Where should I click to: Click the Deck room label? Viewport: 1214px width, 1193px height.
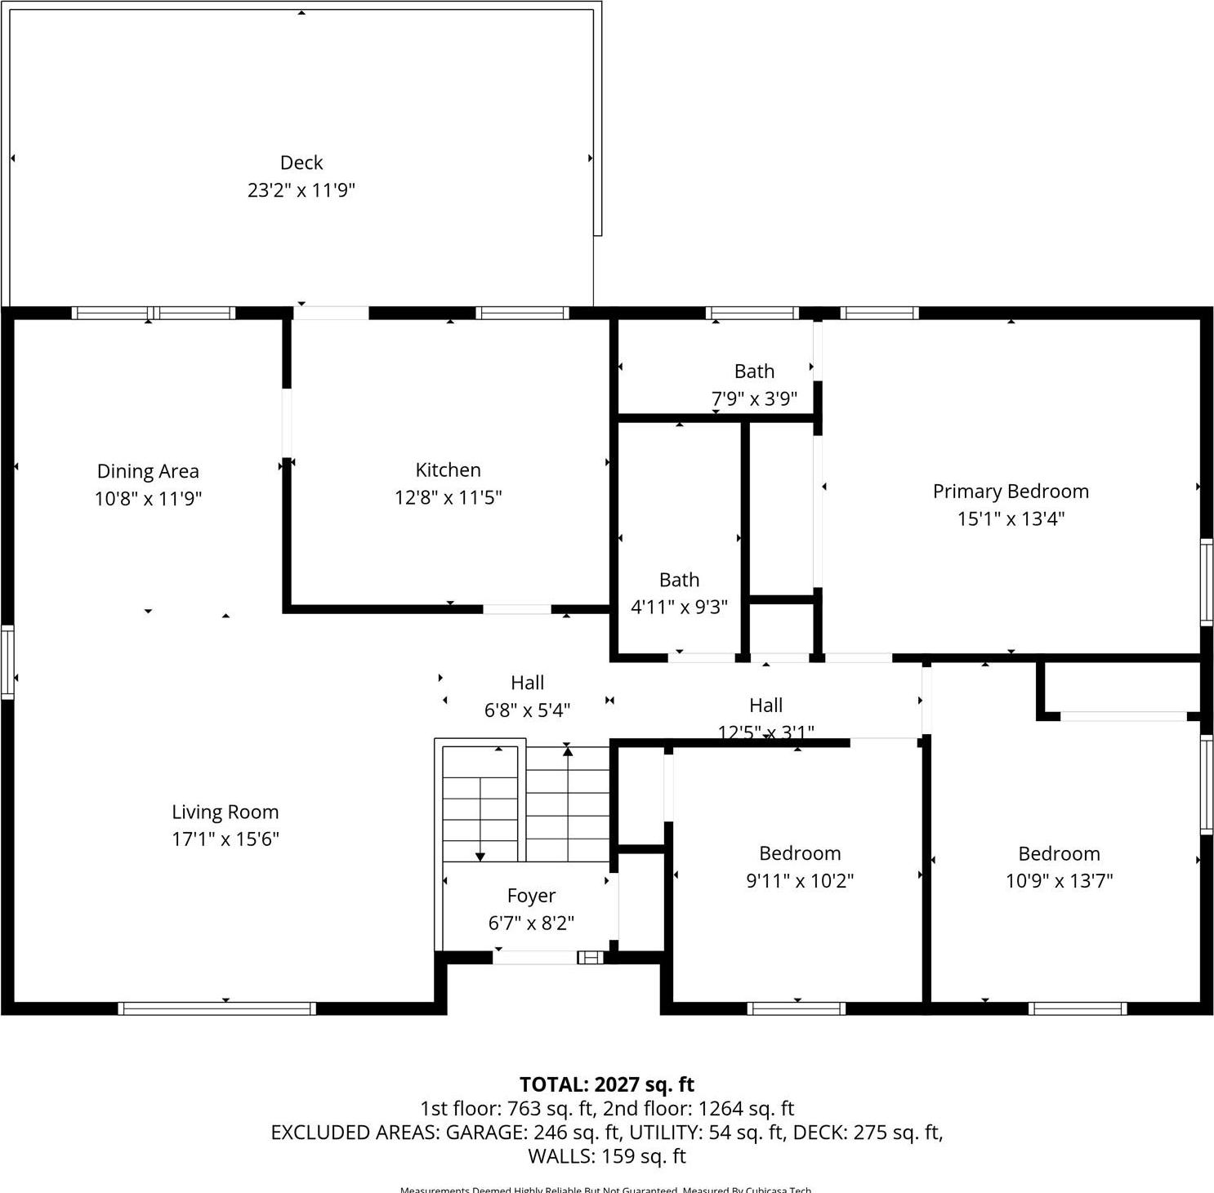click(301, 162)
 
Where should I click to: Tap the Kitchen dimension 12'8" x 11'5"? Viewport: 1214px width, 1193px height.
click(448, 497)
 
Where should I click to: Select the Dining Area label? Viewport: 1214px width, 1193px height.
click(148, 471)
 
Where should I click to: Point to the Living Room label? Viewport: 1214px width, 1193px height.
click(225, 812)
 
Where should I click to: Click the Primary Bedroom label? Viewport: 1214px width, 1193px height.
click(1011, 491)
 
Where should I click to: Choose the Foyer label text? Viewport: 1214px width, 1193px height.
click(531, 896)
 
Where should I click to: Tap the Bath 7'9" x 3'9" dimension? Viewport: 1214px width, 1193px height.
click(753, 399)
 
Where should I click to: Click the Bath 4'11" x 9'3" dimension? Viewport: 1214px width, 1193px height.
click(679, 607)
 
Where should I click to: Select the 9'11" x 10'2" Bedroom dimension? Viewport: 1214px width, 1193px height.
click(800, 880)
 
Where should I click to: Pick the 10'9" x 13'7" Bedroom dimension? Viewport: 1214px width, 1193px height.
click(1059, 880)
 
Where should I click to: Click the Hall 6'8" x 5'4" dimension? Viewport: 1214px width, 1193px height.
click(527, 710)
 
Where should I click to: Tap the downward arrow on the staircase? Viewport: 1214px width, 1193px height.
click(480, 855)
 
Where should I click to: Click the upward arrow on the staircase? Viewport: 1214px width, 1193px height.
click(567, 750)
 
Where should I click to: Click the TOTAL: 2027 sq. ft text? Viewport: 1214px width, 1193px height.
click(606, 1084)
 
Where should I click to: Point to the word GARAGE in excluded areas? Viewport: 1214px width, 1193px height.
click(487, 1132)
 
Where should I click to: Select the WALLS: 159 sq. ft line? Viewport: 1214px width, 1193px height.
click(606, 1155)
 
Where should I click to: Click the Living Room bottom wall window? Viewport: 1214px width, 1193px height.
click(216, 1008)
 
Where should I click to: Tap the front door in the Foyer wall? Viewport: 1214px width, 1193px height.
click(536, 957)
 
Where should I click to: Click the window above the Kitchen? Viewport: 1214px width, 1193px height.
click(522, 313)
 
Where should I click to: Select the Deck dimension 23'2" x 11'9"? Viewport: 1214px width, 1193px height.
click(301, 190)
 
